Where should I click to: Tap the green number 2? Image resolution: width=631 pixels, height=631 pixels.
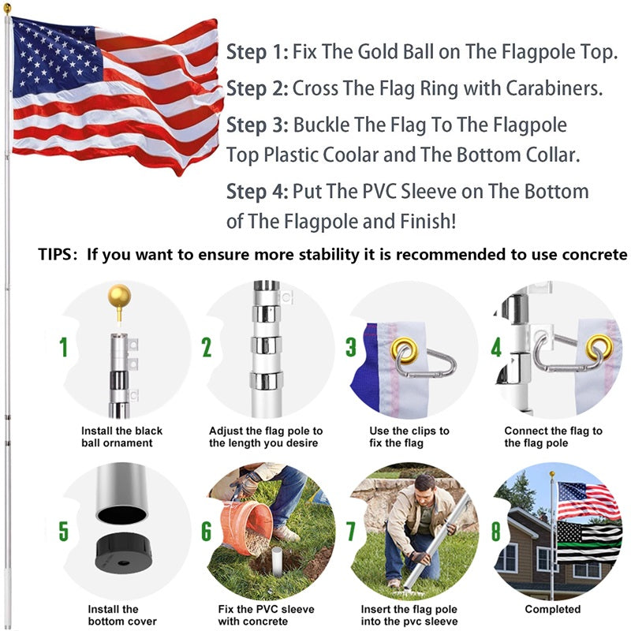pyautogui.click(x=207, y=347)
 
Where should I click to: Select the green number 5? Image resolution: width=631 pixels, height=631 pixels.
pyautogui.click(x=63, y=531)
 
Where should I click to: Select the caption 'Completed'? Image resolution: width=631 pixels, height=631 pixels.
pyautogui.click(x=552, y=610)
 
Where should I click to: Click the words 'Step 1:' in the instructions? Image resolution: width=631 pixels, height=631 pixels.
pyautogui.click(x=257, y=53)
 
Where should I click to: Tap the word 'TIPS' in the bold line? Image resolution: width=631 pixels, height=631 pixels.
pyautogui.click(x=57, y=255)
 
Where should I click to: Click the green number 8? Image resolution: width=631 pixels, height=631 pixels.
pyautogui.click(x=496, y=531)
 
